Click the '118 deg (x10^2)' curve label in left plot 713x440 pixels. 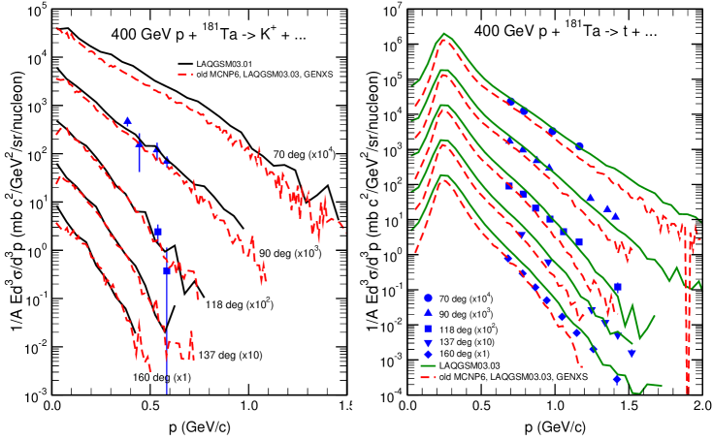(x=238, y=303)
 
